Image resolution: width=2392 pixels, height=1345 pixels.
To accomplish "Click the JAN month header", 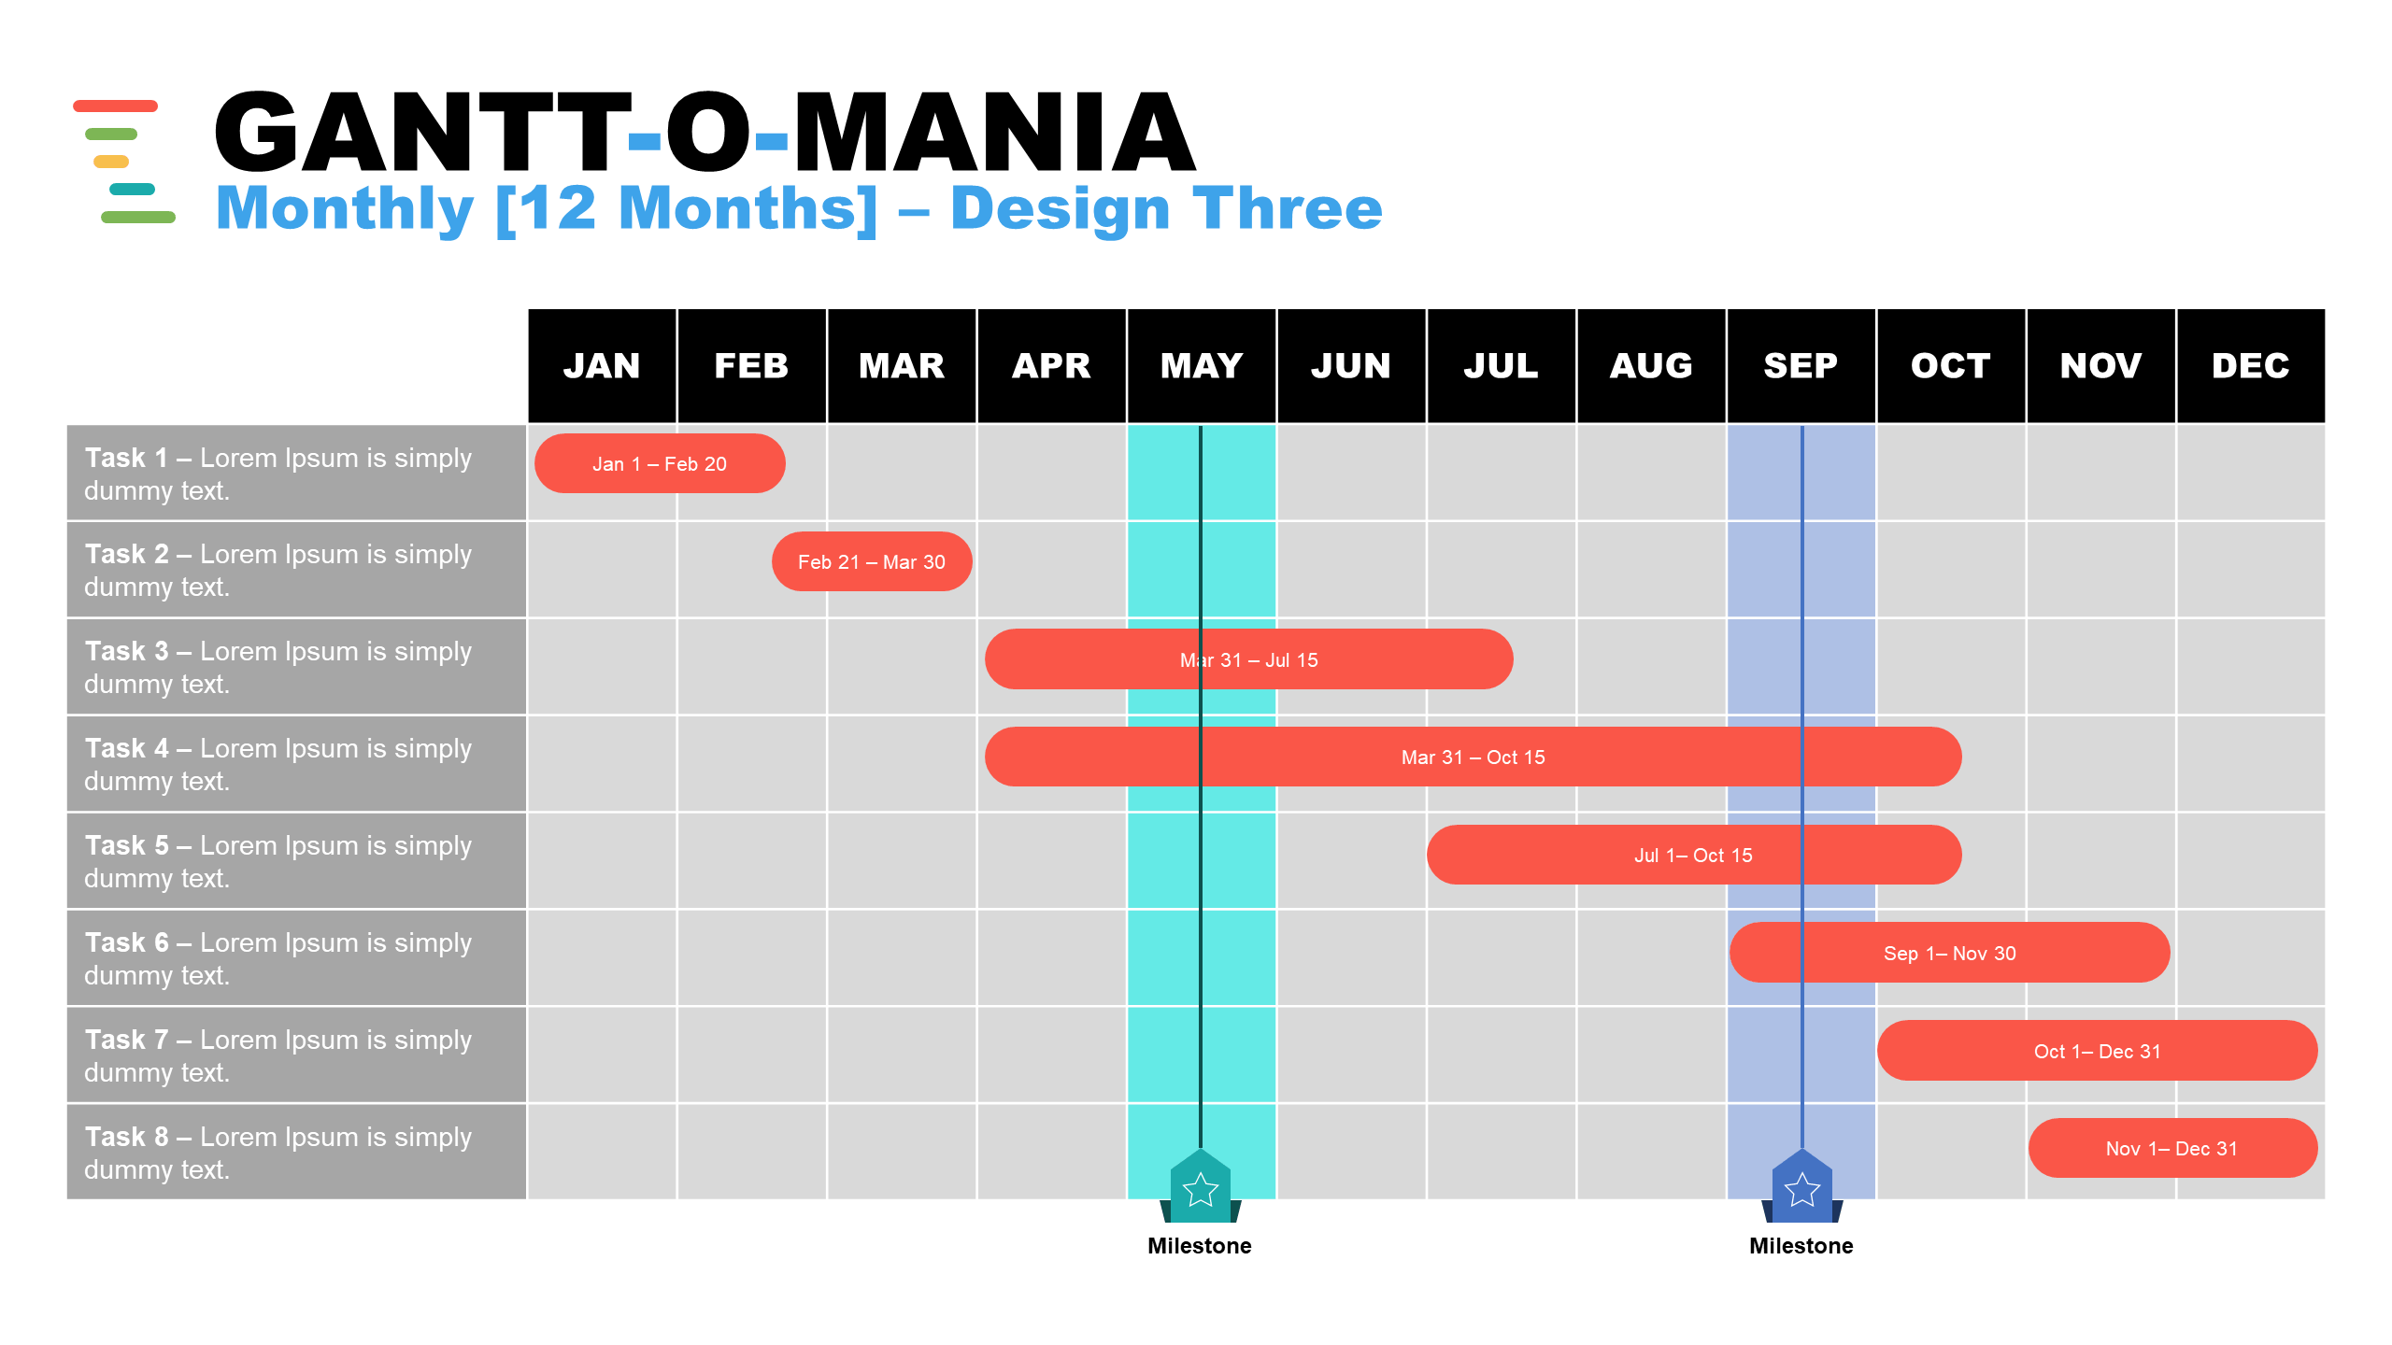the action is pyautogui.click(x=602, y=365).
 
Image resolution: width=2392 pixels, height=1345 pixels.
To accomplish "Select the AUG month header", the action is pyautogui.click(x=1651, y=365).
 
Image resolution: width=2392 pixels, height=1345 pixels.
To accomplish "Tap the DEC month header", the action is pyautogui.click(x=2251, y=365).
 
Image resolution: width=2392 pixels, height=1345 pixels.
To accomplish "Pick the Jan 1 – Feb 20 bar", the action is pyautogui.click(x=660, y=463).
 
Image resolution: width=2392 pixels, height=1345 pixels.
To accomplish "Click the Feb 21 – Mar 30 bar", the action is pyautogui.click(x=872, y=561).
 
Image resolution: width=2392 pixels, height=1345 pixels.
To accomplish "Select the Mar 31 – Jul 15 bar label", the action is pyautogui.click(x=1249, y=660).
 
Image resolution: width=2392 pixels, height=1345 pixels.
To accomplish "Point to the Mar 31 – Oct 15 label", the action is pyautogui.click(x=1474, y=757).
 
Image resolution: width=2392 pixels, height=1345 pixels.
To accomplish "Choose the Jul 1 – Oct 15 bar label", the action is pyautogui.click(x=1693, y=856).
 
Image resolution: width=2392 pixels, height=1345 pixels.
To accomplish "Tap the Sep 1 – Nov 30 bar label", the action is pyautogui.click(x=1950, y=954).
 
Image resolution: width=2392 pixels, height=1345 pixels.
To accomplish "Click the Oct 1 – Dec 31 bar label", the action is pyautogui.click(x=2098, y=1052).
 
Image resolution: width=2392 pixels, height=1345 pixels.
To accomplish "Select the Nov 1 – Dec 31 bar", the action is pyautogui.click(x=2173, y=1148).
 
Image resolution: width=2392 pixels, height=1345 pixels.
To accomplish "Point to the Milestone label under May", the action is pyautogui.click(x=1200, y=1246).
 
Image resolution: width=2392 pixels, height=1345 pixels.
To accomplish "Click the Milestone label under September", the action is pyautogui.click(x=1801, y=1246).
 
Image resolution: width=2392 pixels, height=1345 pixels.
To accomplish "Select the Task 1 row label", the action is pyautogui.click(x=278, y=474).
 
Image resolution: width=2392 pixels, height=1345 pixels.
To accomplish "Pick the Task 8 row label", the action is pyautogui.click(x=278, y=1153).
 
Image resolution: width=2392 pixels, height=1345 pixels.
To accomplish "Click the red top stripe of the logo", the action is pyautogui.click(x=116, y=106).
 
